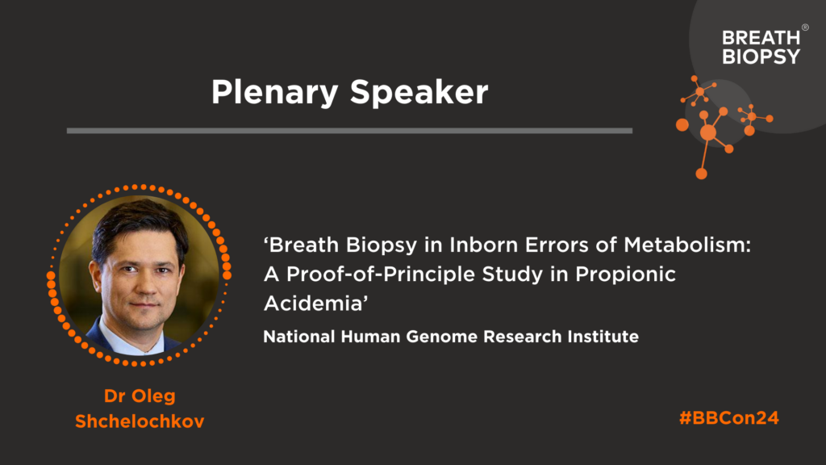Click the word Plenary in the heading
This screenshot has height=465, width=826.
(274, 93)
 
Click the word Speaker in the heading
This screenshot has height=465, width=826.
(419, 92)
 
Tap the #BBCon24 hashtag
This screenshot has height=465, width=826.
(729, 417)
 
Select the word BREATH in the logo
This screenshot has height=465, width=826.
(761, 37)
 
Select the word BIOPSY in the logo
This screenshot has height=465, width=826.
(761, 57)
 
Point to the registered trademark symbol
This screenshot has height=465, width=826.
(805, 27)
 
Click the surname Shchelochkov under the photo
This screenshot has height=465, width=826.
(140, 421)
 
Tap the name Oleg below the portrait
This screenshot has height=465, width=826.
(153, 396)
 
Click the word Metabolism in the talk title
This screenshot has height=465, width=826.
(687, 245)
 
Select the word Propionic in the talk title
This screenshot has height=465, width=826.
(625, 274)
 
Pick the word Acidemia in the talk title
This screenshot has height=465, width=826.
(315, 304)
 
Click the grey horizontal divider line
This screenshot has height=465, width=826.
(349, 131)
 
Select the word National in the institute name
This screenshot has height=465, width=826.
(299, 337)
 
